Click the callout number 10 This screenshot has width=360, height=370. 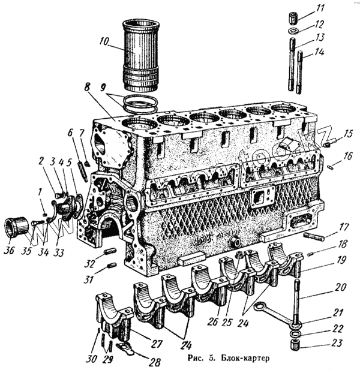tap(106, 43)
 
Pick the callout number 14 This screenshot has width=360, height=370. tap(319, 53)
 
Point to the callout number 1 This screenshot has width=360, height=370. tap(40, 191)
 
